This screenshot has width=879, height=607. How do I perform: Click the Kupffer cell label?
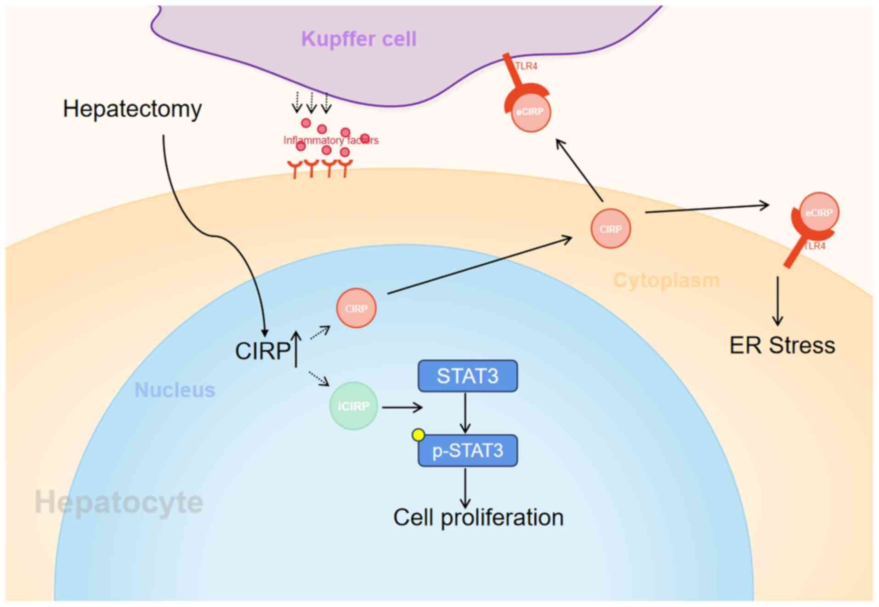[358, 39]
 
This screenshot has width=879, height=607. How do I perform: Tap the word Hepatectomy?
[132, 109]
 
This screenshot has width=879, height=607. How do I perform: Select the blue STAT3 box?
[467, 376]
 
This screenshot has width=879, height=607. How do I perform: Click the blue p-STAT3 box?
[467, 451]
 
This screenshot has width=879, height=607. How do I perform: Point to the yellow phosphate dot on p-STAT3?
[419, 435]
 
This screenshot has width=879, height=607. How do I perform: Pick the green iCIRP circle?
[353, 406]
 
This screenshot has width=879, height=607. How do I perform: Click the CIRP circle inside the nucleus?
[356, 308]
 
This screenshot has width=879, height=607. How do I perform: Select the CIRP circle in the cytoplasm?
[610, 229]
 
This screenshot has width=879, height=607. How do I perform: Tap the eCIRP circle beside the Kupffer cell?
[530, 112]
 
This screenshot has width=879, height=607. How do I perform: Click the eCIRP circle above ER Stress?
[819, 212]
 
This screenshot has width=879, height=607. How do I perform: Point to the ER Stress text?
[782, 346]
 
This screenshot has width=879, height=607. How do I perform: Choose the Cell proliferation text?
[478, 517]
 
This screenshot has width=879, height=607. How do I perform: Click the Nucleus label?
[175, 390]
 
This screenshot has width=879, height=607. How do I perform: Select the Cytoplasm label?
[666, 280]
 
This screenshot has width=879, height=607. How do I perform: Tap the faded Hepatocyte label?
[119, 502]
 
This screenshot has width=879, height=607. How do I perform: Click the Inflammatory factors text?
[331, 140]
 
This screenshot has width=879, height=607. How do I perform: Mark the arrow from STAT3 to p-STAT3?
[465, 413]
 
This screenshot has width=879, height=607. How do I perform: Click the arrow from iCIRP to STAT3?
[402, 407]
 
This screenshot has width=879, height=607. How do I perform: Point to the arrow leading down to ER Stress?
[777, 301]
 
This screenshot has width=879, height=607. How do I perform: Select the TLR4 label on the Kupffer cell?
[526, 66]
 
